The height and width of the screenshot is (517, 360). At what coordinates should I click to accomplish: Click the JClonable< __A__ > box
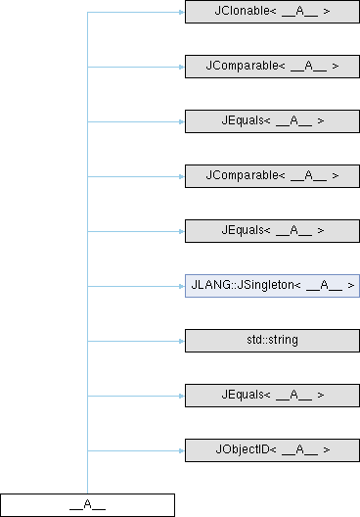point(272,12)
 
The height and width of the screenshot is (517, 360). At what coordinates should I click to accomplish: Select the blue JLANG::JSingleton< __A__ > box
point(272,286)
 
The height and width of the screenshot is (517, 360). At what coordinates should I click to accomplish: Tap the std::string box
point(272,341)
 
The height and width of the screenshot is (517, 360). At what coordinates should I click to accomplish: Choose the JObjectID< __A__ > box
point(272,450)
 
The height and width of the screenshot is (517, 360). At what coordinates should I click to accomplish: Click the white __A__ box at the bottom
point(87,505)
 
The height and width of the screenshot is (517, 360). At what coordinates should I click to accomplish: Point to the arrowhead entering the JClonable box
point(182,12)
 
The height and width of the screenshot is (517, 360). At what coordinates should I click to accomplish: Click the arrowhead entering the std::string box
point(182,341)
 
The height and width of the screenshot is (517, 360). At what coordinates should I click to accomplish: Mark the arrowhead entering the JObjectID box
point(182,450)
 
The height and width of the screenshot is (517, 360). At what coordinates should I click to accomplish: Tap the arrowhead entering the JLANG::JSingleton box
point(182,286)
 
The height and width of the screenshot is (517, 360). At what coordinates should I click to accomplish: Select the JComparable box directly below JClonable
point(272,67)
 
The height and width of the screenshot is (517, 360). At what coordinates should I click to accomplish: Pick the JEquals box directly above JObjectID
point(272,396)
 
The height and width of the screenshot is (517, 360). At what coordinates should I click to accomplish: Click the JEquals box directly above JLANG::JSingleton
point(272,231)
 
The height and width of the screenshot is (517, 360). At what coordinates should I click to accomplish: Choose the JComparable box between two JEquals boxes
point(272,176)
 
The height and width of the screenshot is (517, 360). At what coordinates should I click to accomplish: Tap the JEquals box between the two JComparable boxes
point(272,121)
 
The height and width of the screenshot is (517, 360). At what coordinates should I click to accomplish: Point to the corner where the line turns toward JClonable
point(87,12)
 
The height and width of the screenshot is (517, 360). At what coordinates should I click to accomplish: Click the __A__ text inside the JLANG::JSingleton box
point(324,286)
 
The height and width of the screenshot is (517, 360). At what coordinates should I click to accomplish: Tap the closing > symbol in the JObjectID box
point(327,449)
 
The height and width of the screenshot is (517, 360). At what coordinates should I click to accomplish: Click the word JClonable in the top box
point(242,11)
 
